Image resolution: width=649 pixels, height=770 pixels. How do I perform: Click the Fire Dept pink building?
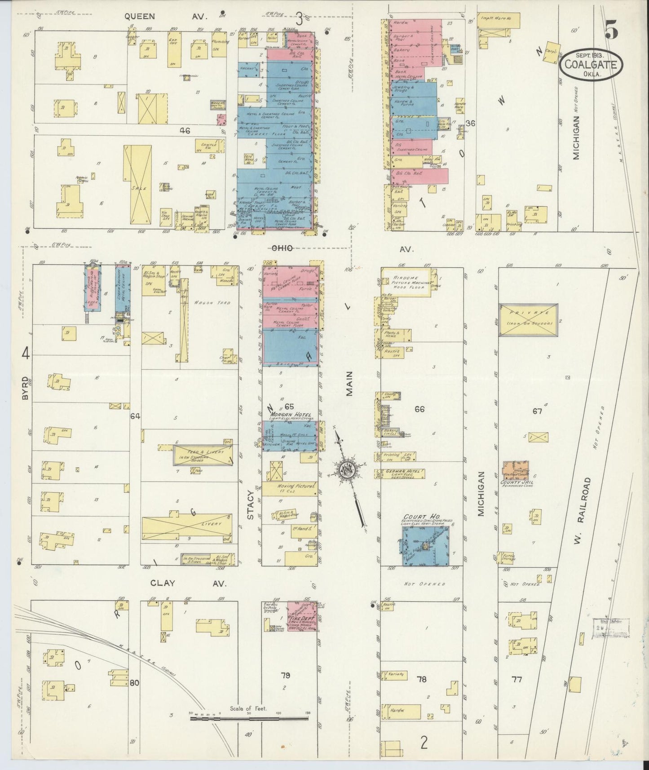click(302, 616)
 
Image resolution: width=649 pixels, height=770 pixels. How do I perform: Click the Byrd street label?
click(26, 390)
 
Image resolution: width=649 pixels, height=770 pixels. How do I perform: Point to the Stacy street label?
click(251, 504)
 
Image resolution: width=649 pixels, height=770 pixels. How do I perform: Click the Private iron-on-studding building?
click(528, 320)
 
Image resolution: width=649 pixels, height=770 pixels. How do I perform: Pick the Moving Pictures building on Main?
click(290, 489)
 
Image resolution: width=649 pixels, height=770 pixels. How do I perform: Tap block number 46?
click(184, 131)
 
